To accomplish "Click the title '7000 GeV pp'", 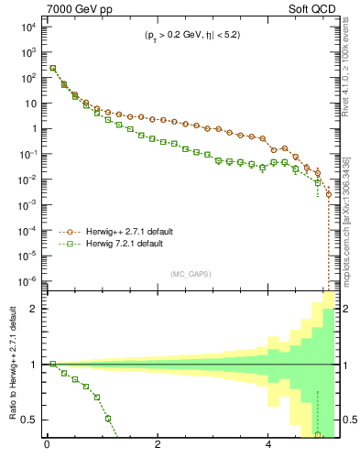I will coord(76,8).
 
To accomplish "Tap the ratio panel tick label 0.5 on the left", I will coord(30,420).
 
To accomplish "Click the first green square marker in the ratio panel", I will coord(52,364).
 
